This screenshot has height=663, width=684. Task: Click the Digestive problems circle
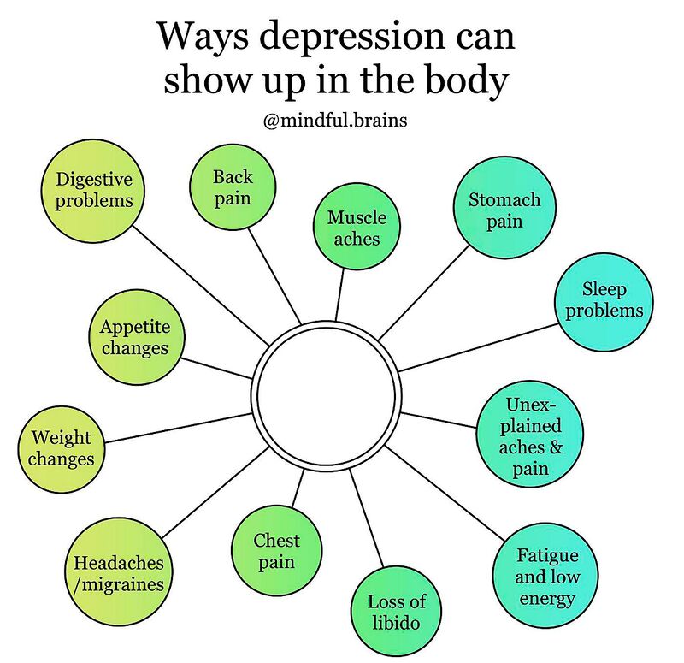(x=94, y=189)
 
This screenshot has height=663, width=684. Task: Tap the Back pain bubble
(x=233, y=187)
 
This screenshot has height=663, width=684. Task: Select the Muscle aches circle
(x=357, y=228)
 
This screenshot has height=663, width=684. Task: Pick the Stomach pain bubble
(x=504, y=210)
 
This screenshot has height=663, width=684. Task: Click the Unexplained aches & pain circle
(x=531, y=435)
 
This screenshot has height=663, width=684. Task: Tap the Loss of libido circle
(x=397, y=613)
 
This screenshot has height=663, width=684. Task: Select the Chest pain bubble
(x=276, y=550)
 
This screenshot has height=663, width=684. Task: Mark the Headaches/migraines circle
(x=118, y=574)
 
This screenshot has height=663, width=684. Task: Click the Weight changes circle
(x=62, y=447)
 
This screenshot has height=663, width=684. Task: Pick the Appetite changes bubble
(x=135, y=337)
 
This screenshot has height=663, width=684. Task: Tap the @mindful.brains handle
(x=335, y=121)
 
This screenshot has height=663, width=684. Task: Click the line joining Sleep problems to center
(x=479, y=346)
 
